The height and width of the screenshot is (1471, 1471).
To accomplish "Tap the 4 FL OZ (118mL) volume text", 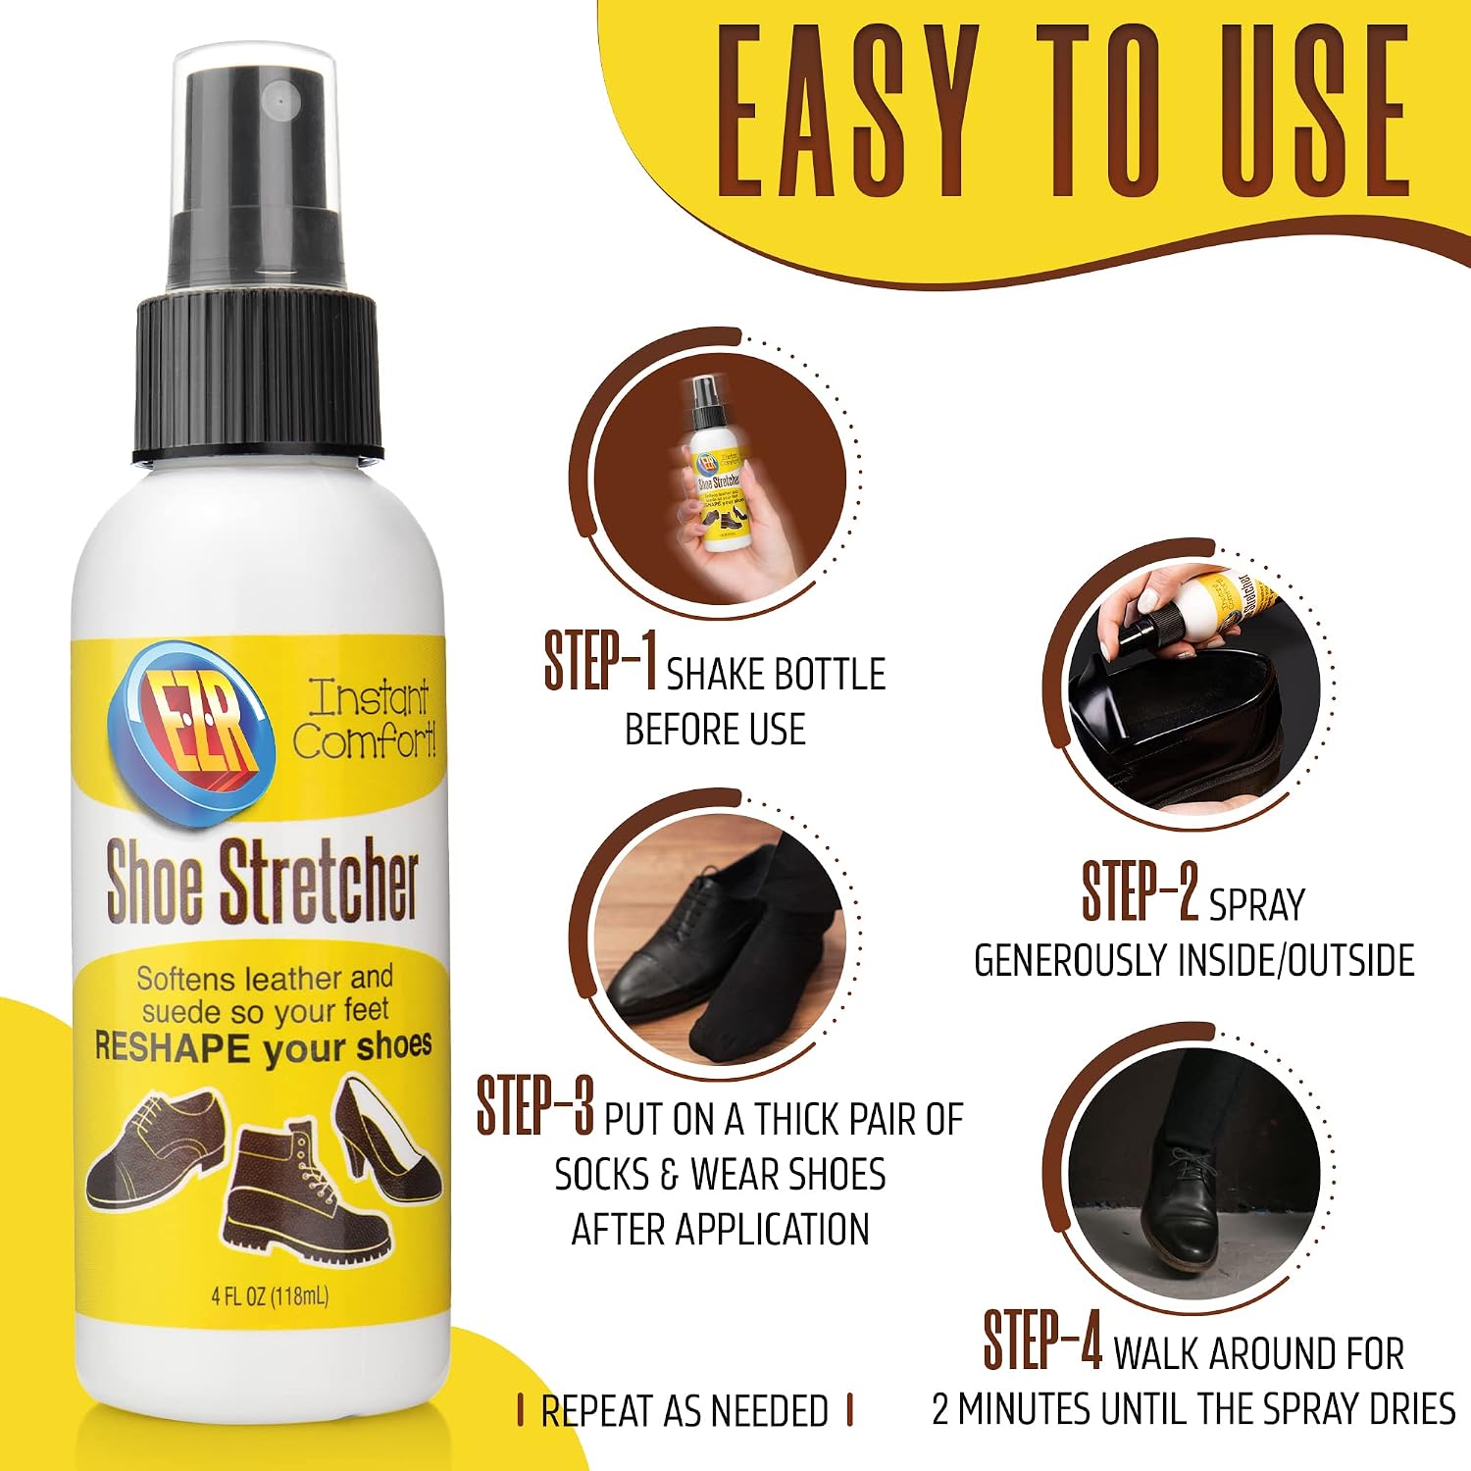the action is pyautogui.click(x=271, y=1296).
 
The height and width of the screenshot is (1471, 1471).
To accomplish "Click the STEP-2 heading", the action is pyautogui.click(x=1141, y=891).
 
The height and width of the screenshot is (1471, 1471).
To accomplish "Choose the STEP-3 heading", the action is pyautogui.click(x=535, y=1105).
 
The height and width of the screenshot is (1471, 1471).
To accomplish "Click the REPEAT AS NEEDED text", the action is pyautogui.click(x=685, y=1411).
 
